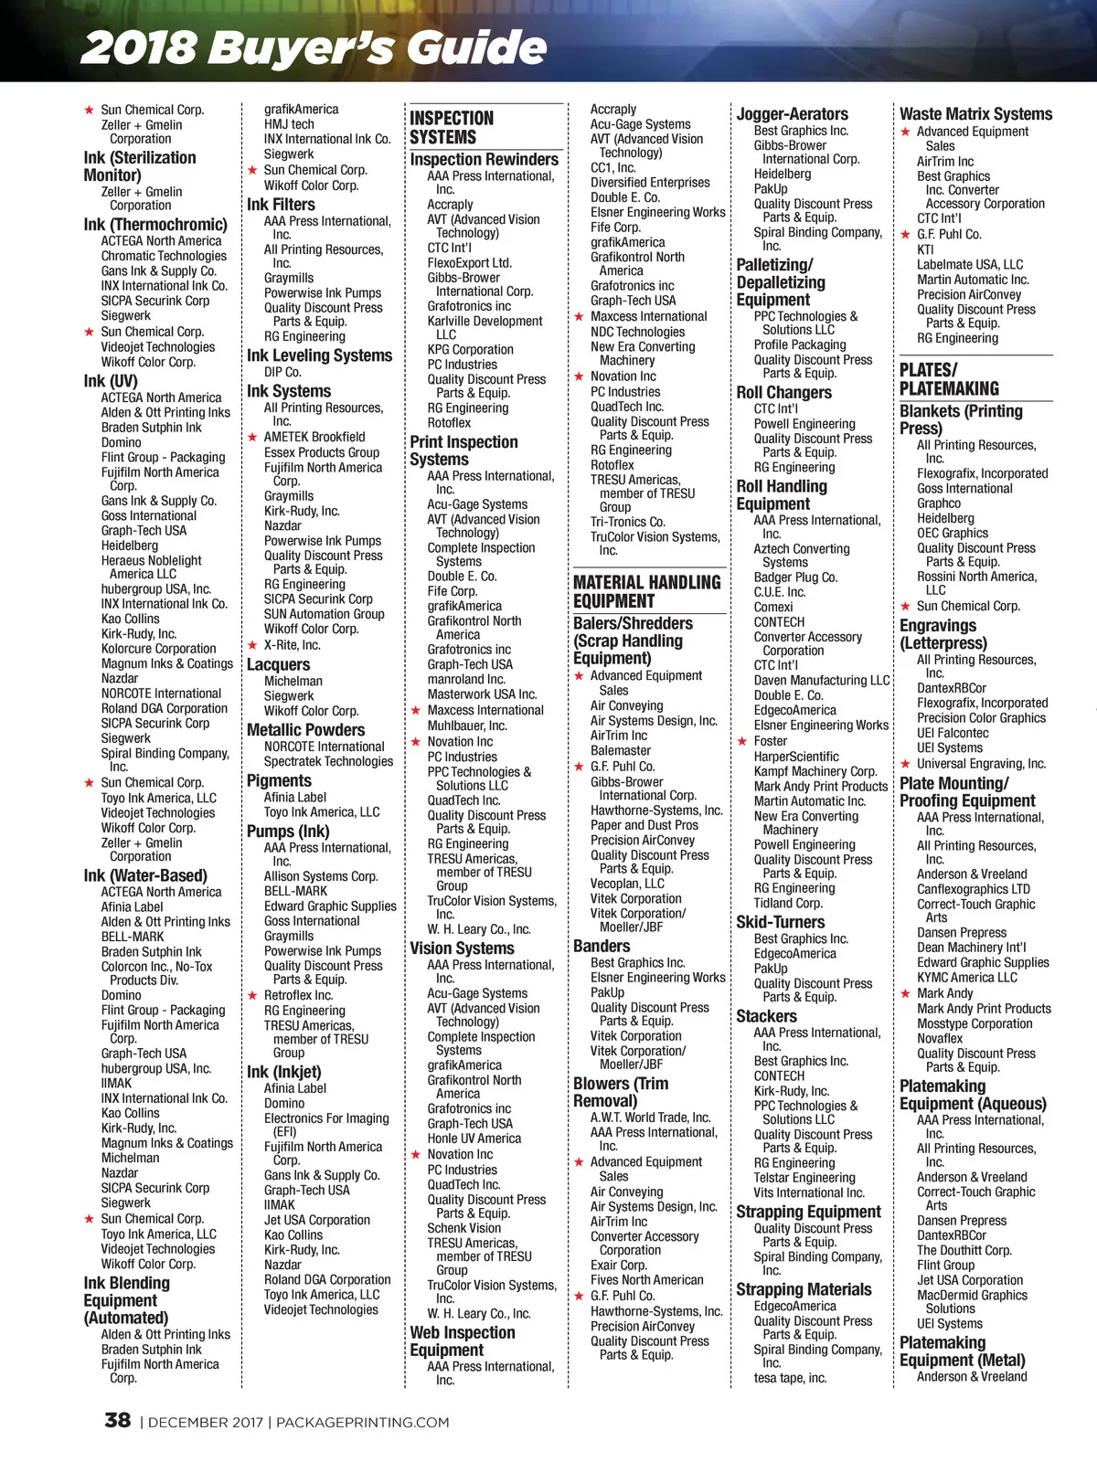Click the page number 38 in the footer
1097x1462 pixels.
118,1420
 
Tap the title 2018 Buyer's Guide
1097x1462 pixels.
314,48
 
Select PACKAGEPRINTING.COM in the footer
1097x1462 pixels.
362,1422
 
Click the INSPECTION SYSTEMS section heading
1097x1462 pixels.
452,128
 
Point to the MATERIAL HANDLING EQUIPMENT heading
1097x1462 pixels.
646,591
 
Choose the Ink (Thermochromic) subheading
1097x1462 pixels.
155,224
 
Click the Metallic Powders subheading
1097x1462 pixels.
305,730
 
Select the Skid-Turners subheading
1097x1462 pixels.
780,922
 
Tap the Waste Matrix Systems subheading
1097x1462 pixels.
975,114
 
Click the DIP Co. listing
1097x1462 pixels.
282,372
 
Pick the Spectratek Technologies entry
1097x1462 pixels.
328,761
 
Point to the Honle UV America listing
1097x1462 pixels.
474,1139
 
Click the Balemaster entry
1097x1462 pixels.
621,750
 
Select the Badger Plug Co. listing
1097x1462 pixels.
795,577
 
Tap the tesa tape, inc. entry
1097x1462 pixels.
790,1378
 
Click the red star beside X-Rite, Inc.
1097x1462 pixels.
252,645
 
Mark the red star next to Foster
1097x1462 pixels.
742,741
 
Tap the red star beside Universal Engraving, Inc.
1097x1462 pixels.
905,764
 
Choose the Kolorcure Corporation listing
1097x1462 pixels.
158,649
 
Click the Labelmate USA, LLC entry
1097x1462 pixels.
970,264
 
